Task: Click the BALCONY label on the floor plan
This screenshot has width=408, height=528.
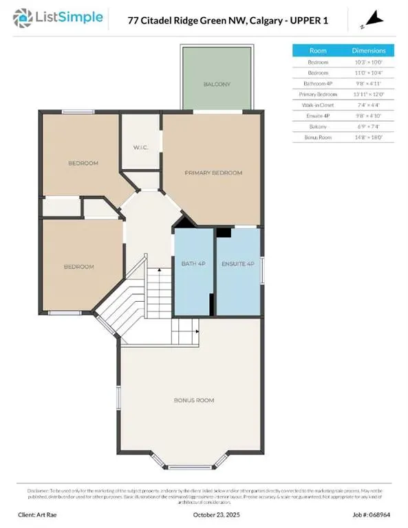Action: click(216, 84)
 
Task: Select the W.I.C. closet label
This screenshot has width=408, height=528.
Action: click(141, 146)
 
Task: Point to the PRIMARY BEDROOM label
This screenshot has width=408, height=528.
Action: click(213, 173)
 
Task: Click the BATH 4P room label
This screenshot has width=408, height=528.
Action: click(193, 263)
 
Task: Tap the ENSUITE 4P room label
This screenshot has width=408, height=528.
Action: click(238, 263)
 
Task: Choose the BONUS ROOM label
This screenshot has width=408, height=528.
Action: click(194, 399)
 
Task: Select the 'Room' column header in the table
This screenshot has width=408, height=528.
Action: click(318, 50)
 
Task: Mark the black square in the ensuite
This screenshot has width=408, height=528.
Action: click(223, 232)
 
